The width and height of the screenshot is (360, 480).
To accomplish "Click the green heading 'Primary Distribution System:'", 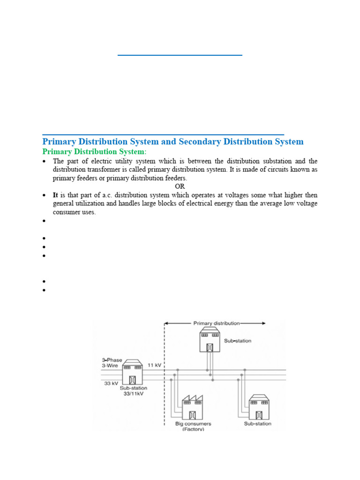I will point(94,152).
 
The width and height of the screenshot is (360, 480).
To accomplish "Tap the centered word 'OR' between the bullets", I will point(180,186).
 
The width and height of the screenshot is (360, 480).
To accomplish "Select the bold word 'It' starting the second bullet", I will point(56,195).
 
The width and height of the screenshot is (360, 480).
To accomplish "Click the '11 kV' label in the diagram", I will point(155,365).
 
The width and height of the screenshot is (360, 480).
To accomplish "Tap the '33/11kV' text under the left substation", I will point(133,394).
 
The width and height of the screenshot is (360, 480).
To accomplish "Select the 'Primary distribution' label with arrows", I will point(216,323).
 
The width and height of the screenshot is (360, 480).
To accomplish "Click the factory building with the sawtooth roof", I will point(192,407).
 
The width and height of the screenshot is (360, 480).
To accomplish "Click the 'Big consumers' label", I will point(193,423).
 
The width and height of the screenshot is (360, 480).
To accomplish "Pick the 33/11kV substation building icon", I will point(133,372).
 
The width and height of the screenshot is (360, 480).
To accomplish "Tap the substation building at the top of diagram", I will point(210,340).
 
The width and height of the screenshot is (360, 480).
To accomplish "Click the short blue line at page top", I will point(180,55).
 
